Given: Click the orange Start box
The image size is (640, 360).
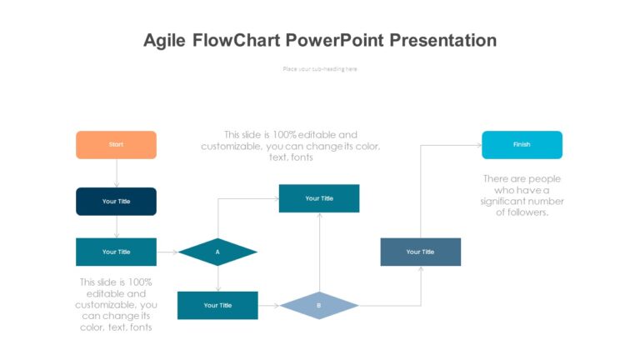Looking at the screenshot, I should click(x=116, y=145).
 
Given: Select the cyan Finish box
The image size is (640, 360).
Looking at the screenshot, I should click(x=522, y=145).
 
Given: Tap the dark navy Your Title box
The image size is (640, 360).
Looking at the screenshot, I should click(x=116, y=202).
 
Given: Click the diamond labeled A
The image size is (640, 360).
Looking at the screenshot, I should click(x=217, y=252).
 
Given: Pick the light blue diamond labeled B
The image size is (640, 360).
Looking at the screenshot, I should click(x=318, y=306).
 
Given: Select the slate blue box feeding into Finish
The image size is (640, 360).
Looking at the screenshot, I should click(x=420, y=252).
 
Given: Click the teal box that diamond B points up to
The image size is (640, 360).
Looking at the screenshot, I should click(x=319, y=198).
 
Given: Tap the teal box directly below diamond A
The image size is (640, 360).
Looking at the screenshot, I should click(x=217, y=306).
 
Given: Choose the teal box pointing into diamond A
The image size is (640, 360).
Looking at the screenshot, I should click(x=116, y=252).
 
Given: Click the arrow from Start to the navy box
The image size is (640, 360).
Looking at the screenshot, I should click(x=117, y=173).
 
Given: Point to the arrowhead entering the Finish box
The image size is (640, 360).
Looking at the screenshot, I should click(x=478, y=145).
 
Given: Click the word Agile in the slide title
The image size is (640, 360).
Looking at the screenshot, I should click(x=165, y=40).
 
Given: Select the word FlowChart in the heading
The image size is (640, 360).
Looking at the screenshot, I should click(x=237, y=40).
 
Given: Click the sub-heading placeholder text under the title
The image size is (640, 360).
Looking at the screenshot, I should click(x=320, y=69).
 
